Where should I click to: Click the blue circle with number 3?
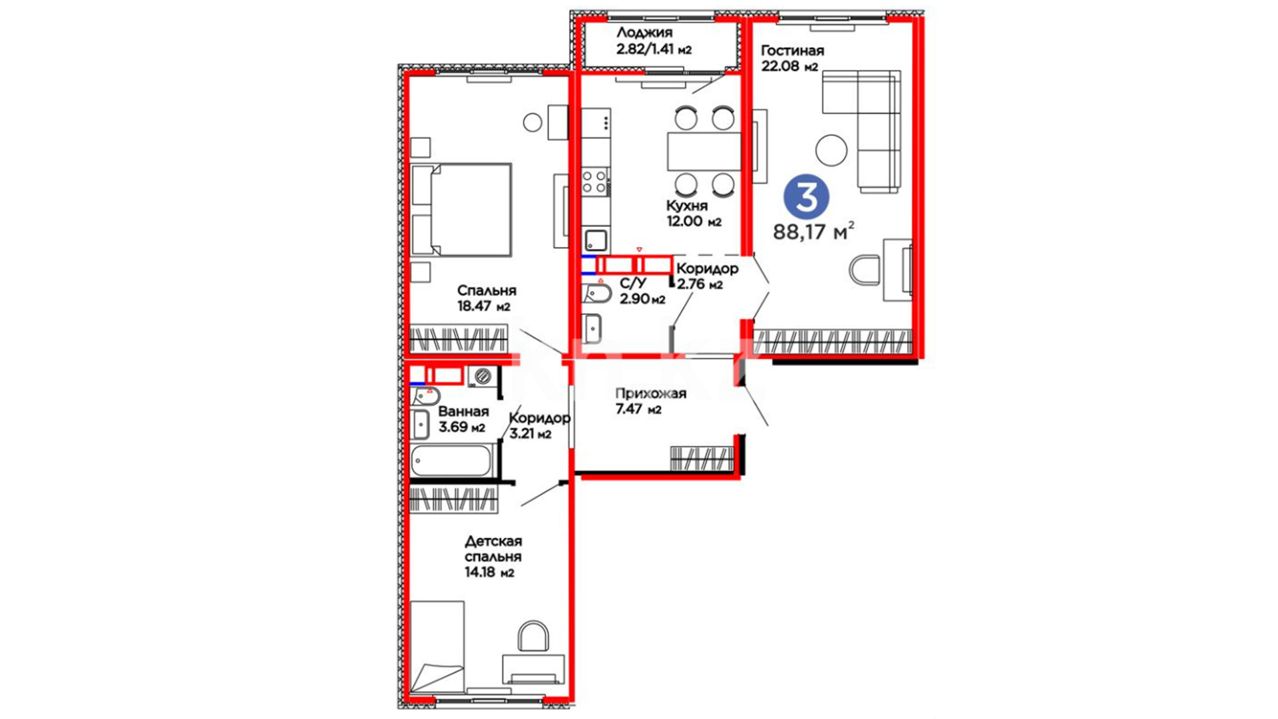(x=806, y=197)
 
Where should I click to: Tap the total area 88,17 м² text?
(x=813, y=232)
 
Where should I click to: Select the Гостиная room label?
(x=792, y=51)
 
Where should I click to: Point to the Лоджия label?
(x=644, y=33)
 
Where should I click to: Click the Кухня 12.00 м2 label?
(x=694, y=214)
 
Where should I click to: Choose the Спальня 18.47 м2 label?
(x=487, y=298)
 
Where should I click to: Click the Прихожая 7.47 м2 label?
(x=650, y=401)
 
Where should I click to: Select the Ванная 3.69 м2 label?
(x=463, y=419)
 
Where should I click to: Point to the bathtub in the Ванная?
(x=451, y=461)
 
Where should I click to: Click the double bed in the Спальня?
(x=461, y=210)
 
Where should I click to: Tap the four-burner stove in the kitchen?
(x=595, y=181)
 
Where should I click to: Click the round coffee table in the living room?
(x=831, y=150)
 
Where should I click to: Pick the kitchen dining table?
(x=704, y=151)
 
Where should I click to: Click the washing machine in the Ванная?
(x=482, y=376)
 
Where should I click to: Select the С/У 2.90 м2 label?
(x=642, y=292)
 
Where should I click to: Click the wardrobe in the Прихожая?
(x=702, y=458)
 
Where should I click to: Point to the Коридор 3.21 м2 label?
(x=539, y=426)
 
